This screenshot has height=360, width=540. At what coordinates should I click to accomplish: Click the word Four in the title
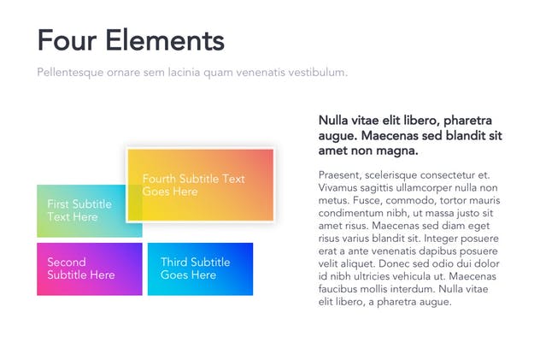(x=65, y=40)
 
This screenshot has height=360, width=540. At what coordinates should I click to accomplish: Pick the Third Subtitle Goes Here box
(x=200, y=269)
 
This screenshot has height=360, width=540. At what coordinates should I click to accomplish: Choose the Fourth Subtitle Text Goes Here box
(x=200, y=185)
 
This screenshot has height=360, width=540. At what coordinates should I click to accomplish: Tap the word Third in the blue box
(x=174, y=263)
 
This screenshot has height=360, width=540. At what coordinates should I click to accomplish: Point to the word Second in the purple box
(x=67, y=263)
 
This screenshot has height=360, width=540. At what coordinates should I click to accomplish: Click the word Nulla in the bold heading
(x=333, y=121)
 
